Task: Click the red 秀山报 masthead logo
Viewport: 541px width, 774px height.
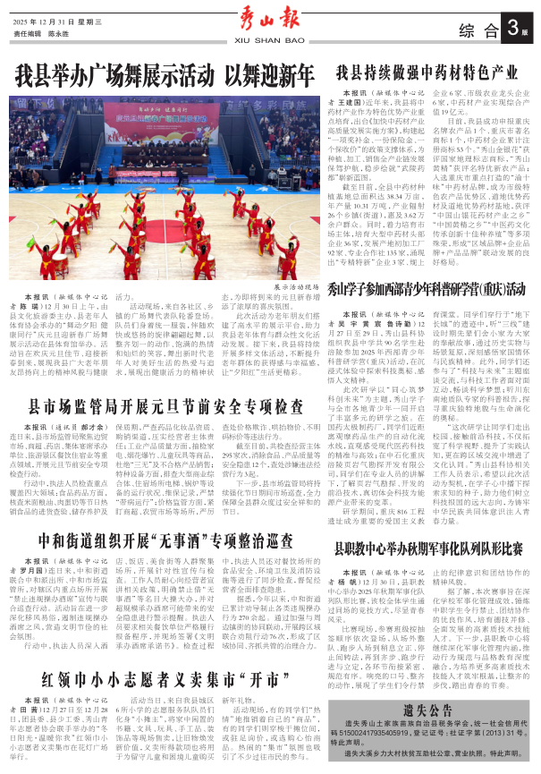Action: tap(269, 18)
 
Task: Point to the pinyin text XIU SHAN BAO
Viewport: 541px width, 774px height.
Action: tap(269, 40)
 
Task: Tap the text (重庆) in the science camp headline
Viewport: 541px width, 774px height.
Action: tap(473, 290)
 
